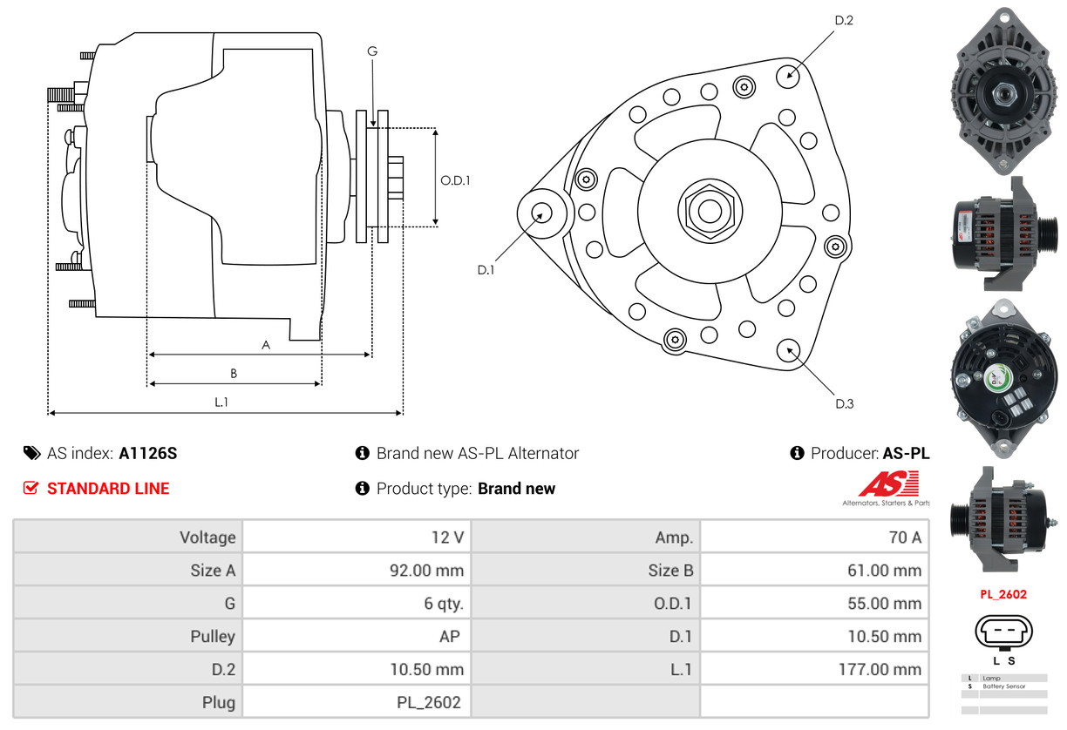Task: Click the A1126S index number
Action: coord(147,454)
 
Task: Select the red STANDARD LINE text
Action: coord(108,489)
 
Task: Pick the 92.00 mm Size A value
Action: coord(426,570)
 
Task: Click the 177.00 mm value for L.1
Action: coord(880,670)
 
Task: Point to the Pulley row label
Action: coord(213,636)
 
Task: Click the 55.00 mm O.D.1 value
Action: coord(884,604)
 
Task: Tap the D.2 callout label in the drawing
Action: coord(844,20)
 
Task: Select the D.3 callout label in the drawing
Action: coord(845,404)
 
